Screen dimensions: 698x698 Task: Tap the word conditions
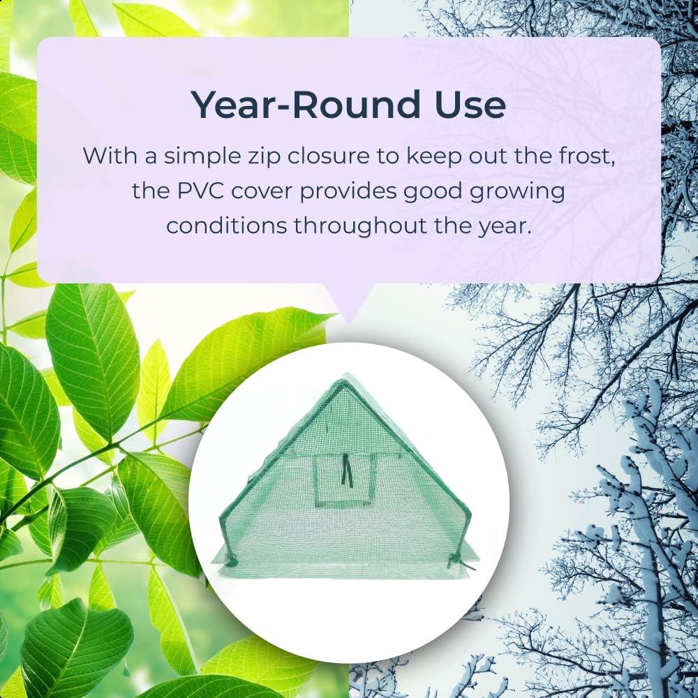227,225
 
